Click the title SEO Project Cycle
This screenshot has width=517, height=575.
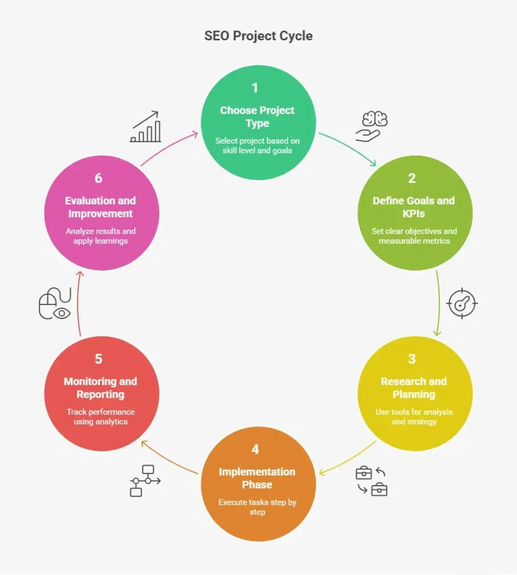point(258,36)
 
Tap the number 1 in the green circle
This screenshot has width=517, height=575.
point(255,88)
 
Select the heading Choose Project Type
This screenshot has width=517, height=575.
point(257,117)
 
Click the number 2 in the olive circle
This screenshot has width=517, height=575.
point(412,178)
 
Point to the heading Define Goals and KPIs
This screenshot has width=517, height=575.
point(414,207)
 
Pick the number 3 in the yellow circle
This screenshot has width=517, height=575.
point(412,359)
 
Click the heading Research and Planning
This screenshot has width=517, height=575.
point(414,388)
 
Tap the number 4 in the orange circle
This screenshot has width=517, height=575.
point(255,449)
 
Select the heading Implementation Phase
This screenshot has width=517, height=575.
point(257,478)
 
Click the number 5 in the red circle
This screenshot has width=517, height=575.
point(98,359)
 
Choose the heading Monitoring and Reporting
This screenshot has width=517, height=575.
point(101,388)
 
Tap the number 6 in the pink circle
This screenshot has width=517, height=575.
point(98,178)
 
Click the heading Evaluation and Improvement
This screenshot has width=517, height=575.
point(101,207)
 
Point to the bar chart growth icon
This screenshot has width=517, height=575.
point(146,126)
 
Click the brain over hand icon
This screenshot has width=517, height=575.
point(371,126)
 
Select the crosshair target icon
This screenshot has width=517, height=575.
point(462,303)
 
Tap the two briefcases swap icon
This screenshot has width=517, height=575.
point(371,481)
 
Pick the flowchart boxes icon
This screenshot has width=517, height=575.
point(146,481)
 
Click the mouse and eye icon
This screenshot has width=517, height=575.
point(55,303)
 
